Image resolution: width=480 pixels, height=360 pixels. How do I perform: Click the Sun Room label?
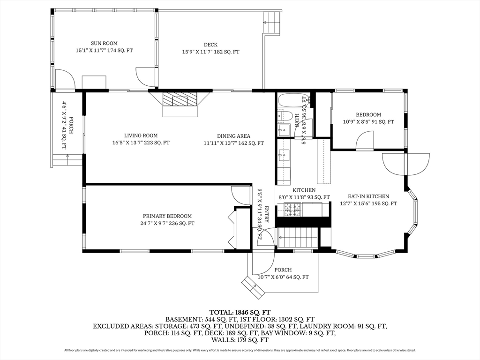point(104,47)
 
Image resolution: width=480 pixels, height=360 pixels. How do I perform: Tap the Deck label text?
point(210,48)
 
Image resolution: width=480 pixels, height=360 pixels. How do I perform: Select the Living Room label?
point(141,139)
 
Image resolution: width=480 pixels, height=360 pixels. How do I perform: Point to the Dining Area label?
point(233,139)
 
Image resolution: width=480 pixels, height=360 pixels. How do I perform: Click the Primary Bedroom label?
point(167,220)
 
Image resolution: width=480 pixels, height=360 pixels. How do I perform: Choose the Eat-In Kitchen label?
point(368,200)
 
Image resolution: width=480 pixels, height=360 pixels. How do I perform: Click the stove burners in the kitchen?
point(292,210)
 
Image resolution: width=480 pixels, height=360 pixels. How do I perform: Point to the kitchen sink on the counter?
point(285,155)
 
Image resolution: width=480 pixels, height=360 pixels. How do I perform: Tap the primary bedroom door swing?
point(241,195)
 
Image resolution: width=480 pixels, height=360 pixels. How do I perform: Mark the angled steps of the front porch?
point(253,287)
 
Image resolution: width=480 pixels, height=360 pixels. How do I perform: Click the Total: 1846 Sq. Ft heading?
point(240,313)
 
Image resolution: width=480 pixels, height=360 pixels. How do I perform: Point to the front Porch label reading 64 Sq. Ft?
point(283,274)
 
